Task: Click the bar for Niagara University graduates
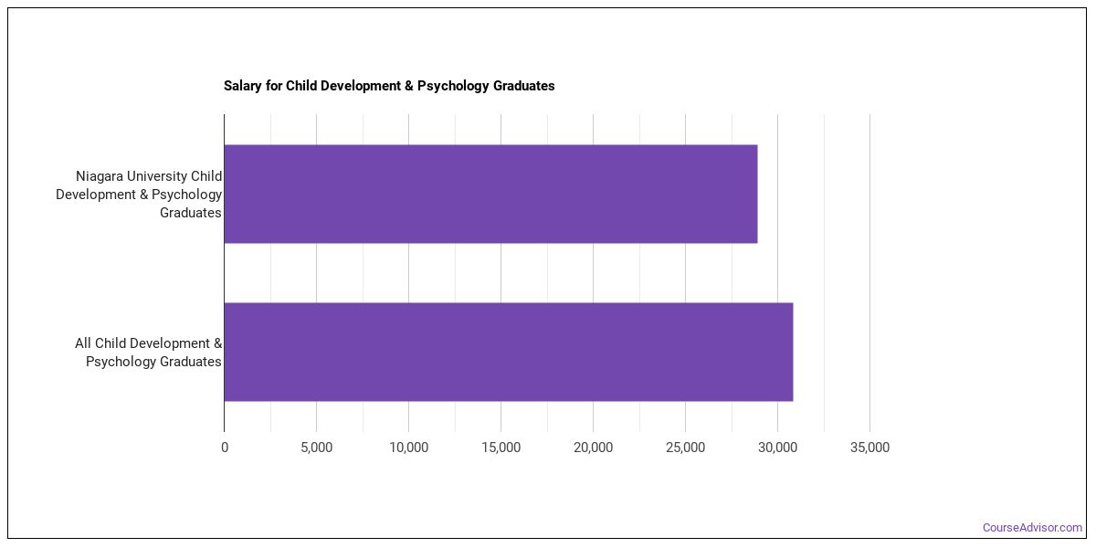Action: tap(490, 194)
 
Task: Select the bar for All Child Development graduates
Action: tap(509, 352)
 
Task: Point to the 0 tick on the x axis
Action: tap(225, 448)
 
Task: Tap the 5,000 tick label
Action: tap(317, 448)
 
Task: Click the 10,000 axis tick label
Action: tap(408, 448)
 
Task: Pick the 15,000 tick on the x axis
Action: tap(501, 448)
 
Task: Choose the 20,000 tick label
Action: tap(593, 448)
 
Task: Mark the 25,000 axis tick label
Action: tap(686, 448)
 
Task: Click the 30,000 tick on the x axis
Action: tap(777, 448)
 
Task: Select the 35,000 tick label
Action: tap(869, 448)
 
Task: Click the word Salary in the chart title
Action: tap(243, 86)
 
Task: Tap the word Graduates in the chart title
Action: tap(523, 86)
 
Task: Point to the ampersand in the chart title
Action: tap(408, 86)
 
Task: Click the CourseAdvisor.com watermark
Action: tap(1032, 528)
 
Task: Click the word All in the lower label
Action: tap(83, 343)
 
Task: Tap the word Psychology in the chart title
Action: tap(453, 86)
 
